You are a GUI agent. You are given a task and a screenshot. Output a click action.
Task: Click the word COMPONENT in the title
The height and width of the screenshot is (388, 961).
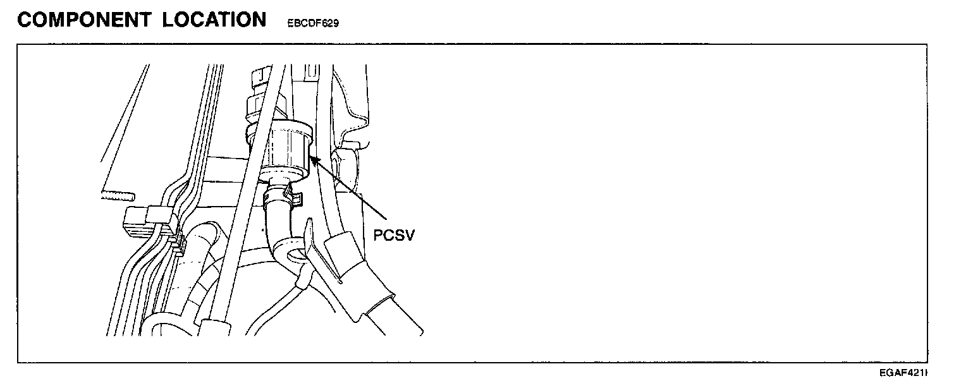pos(84,20)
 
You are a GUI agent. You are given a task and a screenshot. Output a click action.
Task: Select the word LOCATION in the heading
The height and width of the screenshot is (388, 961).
pos(214,20)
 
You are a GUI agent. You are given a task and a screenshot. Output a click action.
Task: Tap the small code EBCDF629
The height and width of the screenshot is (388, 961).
pos(313,24)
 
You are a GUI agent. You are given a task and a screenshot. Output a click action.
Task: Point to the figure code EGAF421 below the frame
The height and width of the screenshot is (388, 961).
pos(906,373)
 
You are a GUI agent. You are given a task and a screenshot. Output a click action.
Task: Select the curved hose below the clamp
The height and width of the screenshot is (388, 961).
pos(279,231)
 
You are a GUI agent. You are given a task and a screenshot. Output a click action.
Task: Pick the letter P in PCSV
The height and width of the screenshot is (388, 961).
pos(377,235)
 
